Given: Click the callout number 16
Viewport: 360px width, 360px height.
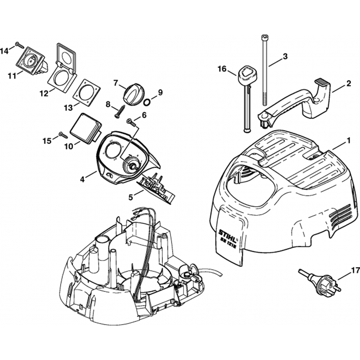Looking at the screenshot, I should (x=222, y=69).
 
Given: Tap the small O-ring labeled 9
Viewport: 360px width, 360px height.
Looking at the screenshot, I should (x=147, y=103).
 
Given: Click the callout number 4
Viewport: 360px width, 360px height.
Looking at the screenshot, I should (x=83, y=179).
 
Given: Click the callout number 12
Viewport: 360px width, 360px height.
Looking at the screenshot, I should (x=44, y=94).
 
